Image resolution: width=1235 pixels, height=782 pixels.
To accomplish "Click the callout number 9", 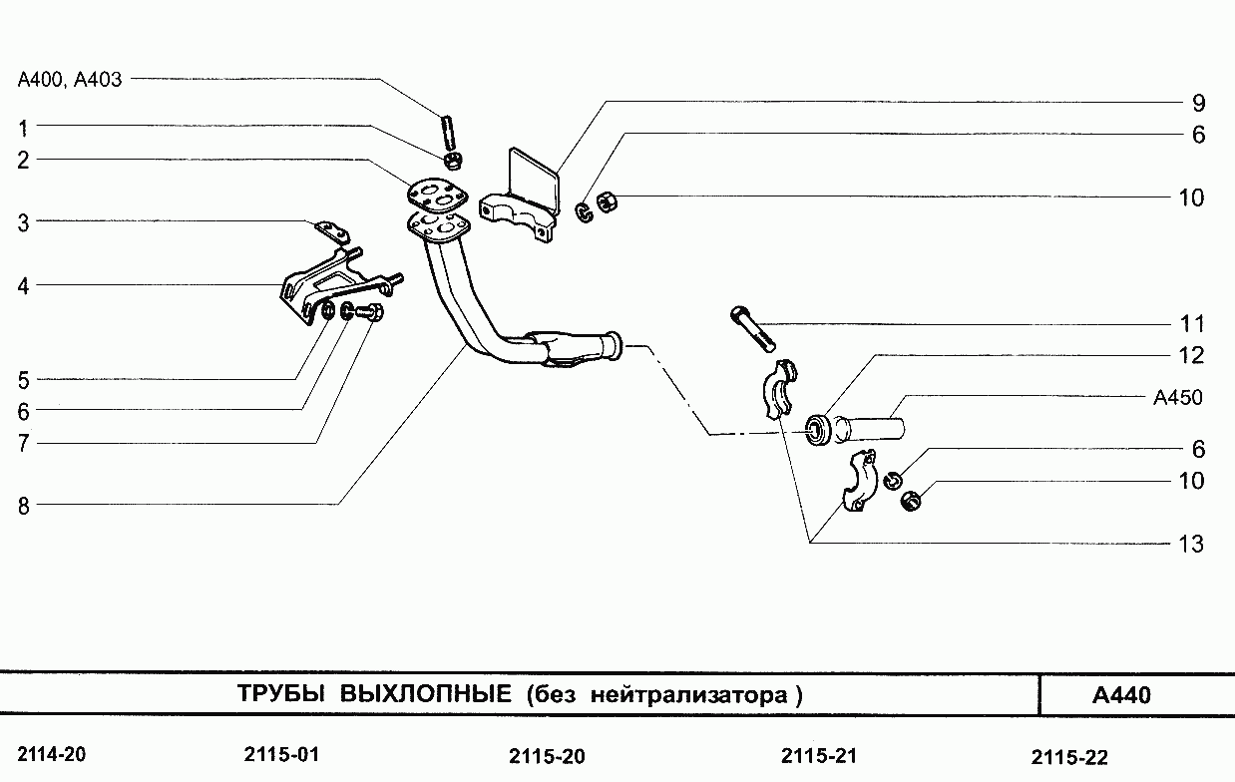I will (x=1198, y=103).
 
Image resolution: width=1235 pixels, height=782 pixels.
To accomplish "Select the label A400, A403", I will (x=70, y=80).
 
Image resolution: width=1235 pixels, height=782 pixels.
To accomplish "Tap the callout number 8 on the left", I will (x=23, y=506).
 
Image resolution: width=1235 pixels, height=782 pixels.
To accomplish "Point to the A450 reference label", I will (x=1177, y=398).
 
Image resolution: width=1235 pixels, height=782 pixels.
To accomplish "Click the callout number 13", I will (x=1191, y=545).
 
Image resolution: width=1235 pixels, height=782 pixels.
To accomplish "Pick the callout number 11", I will (x=1191, y=324).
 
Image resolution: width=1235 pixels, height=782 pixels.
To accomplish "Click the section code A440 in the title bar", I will (x=1121, y=695).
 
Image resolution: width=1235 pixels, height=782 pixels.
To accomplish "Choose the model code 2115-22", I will (x=1069, y=757).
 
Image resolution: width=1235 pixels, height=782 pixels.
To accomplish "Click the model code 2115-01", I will (x=281, y=754).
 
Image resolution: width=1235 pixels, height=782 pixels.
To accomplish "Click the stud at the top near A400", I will (x=448, y=131).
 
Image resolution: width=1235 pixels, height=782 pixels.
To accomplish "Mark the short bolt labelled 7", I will (x=372, y=313).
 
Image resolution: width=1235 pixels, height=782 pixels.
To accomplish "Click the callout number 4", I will (x=23, y=286).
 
